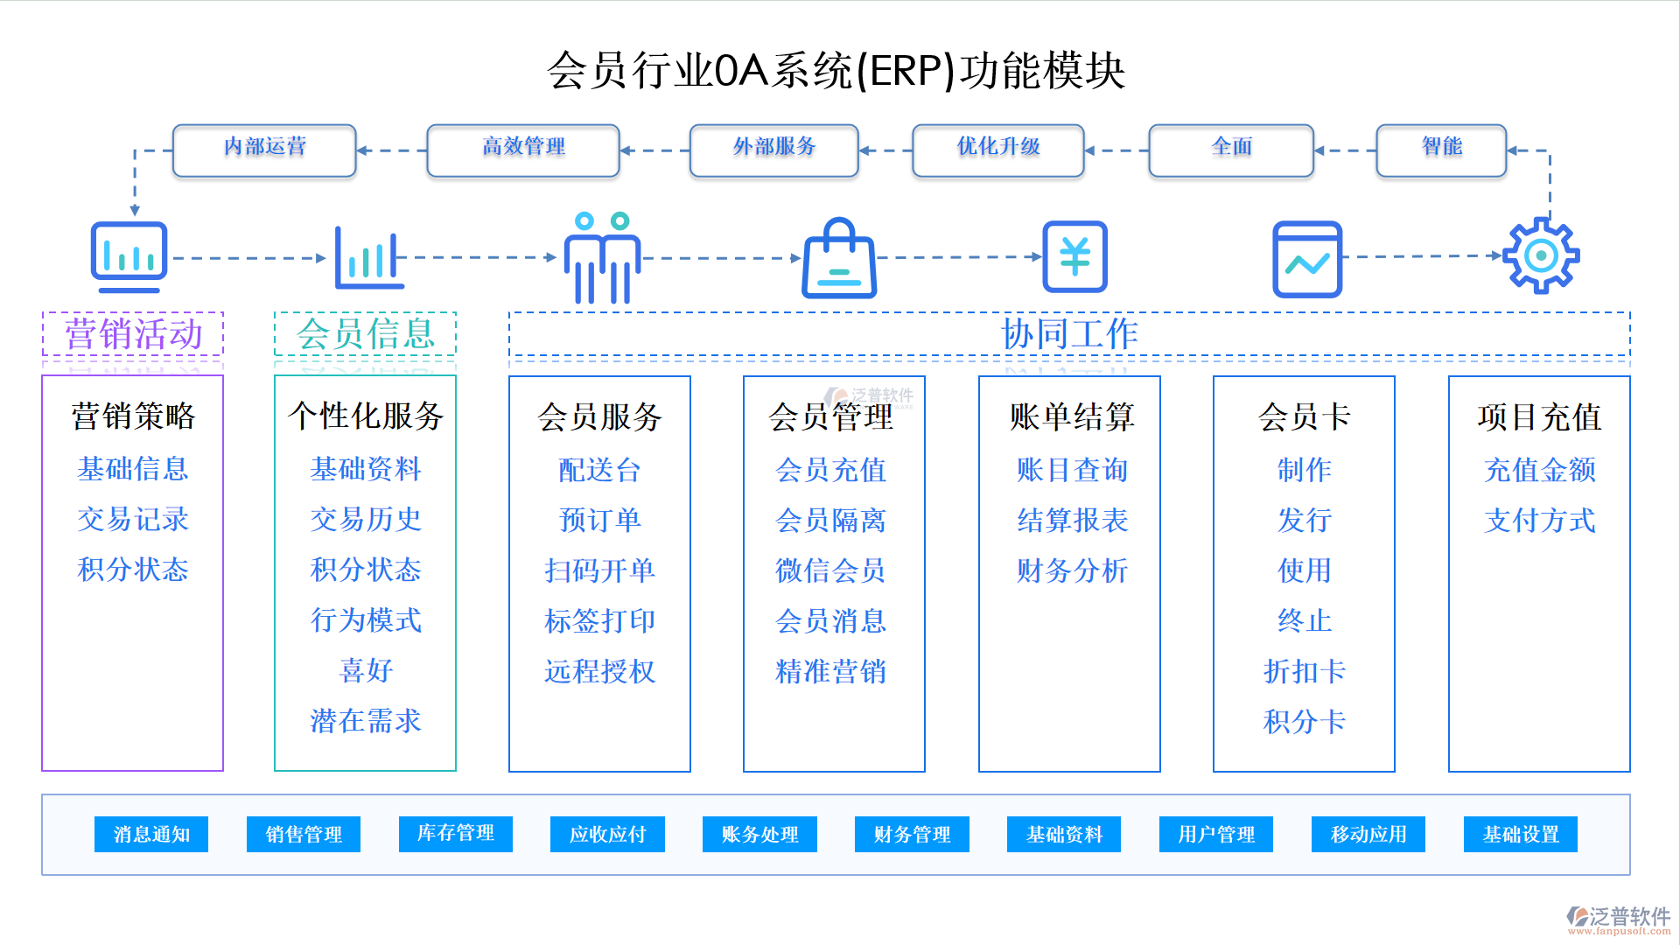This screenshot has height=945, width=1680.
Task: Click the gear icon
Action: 1540,255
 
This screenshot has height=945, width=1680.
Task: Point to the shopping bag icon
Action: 839,260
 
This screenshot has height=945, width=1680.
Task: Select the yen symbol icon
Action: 1074,256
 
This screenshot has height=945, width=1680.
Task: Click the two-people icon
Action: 602,258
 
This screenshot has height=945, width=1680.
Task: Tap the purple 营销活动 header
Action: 133,334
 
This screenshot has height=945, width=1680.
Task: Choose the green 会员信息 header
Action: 365,334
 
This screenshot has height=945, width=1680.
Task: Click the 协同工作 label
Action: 1069,334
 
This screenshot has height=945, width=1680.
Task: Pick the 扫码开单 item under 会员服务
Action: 599,570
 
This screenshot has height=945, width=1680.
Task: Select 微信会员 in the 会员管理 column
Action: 830,570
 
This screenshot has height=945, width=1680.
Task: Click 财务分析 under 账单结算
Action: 1072,570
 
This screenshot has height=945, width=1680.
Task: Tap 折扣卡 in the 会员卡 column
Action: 1304,671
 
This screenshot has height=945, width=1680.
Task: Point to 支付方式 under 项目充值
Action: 1539,521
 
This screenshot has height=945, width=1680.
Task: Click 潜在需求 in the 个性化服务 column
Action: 366,721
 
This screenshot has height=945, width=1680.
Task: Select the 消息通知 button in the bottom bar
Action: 151,834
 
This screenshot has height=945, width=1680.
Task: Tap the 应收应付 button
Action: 607,834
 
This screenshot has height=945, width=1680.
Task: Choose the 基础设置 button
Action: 1520,834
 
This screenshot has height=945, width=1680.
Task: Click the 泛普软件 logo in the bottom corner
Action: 1619,919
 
